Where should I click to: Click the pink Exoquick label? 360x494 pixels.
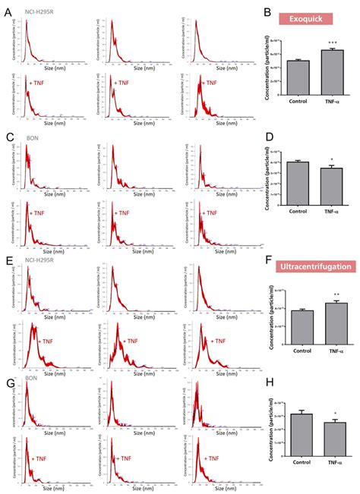coord(307,20)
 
